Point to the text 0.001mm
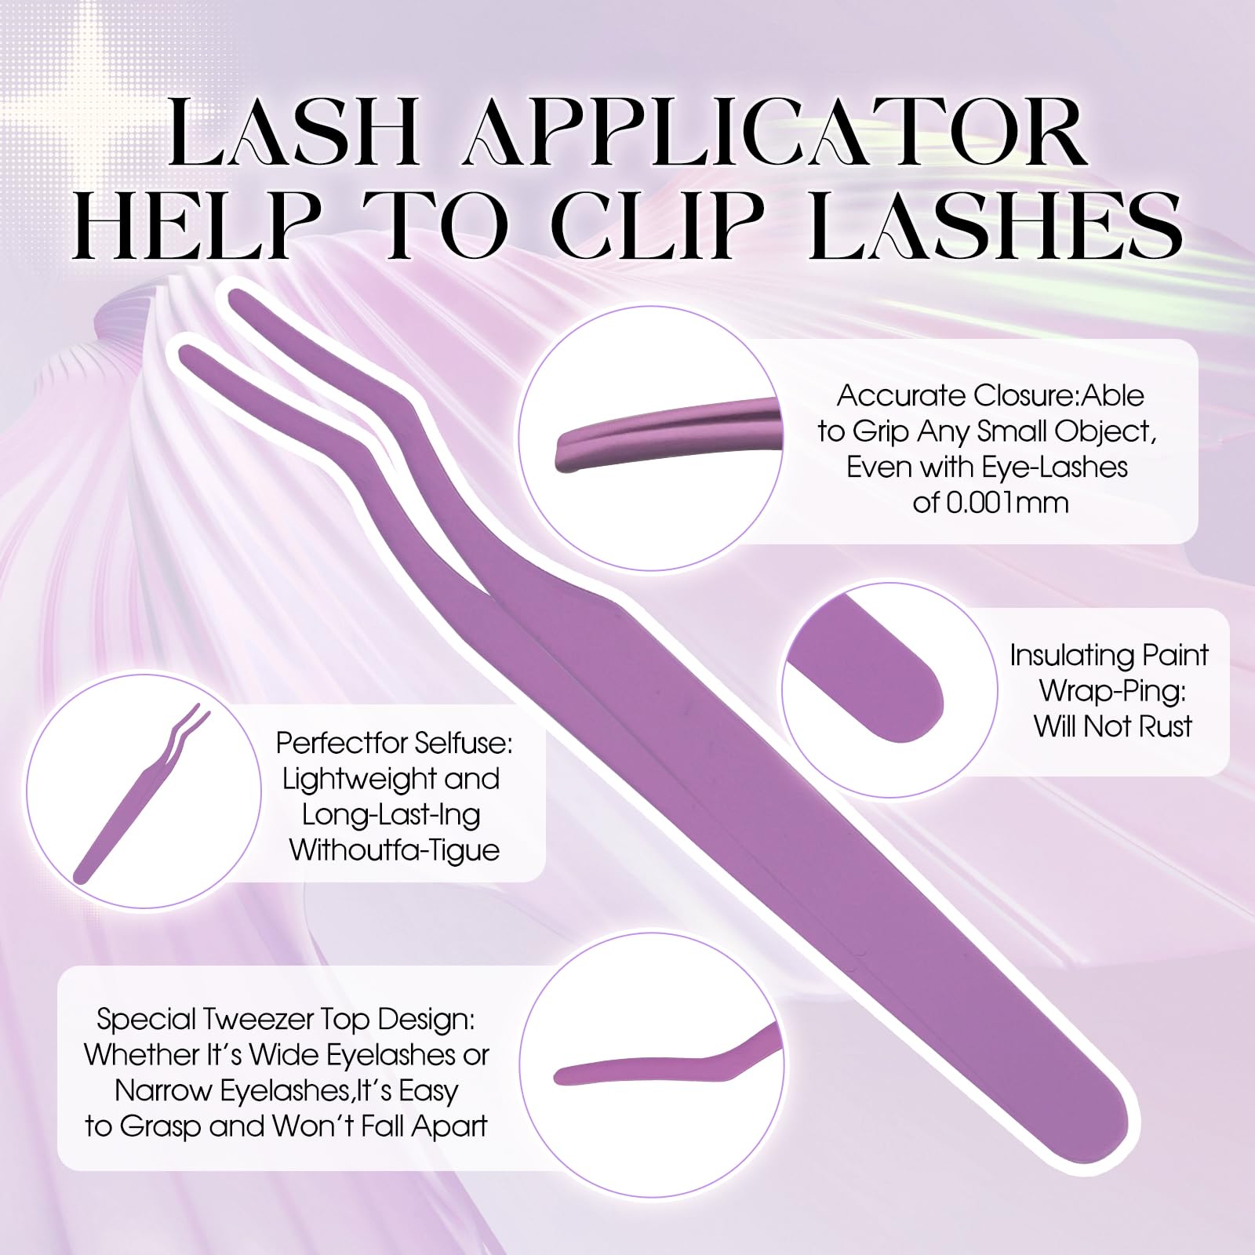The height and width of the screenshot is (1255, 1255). (x=990, y=502)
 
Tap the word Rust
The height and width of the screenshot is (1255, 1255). (x=1165, y=726)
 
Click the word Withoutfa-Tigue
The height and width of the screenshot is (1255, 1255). (x=395, y=851)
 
